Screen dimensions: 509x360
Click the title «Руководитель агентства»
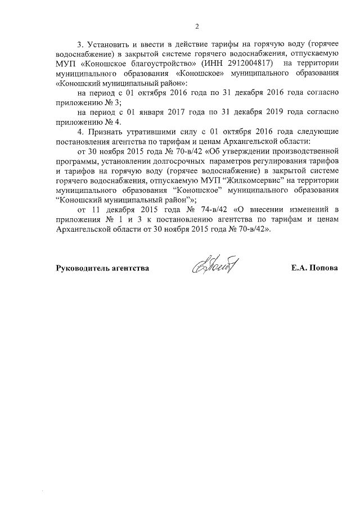(x=102, y=268)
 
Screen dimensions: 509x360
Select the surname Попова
(x=322, y=268)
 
